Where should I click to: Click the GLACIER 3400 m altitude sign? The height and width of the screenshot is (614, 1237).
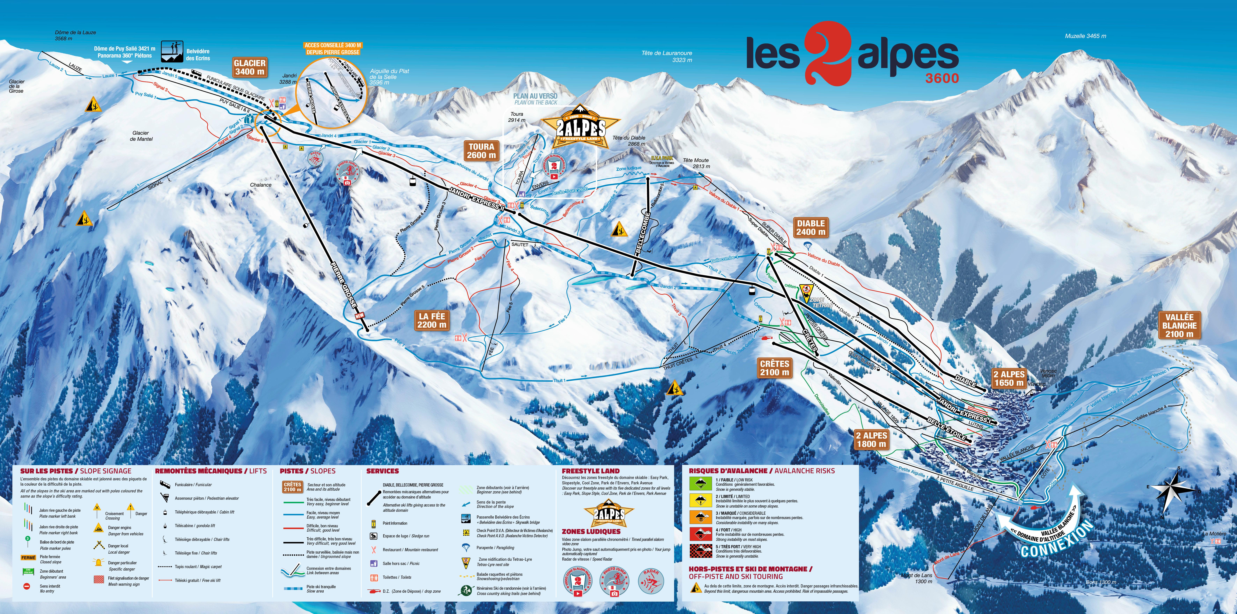coord(249,67)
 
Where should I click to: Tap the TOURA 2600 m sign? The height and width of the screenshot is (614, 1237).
coord(481,151)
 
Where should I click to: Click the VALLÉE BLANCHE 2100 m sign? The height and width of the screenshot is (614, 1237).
coord(1179,325)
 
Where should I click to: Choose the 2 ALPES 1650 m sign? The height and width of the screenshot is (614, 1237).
coord(1009,378)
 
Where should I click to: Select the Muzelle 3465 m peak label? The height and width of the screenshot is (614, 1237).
coord(1085,36)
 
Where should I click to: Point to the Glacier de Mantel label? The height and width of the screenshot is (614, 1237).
coord(141,136)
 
